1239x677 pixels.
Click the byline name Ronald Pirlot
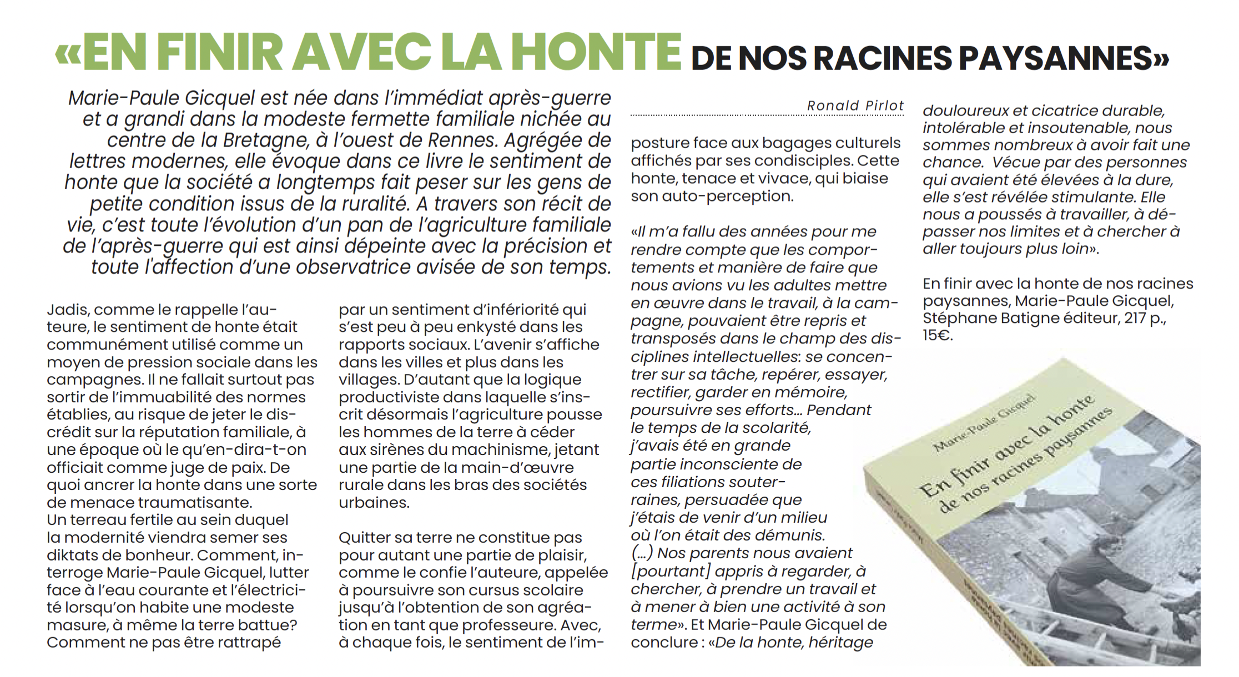click(855, 105)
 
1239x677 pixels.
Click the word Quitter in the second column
click(364, 538)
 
